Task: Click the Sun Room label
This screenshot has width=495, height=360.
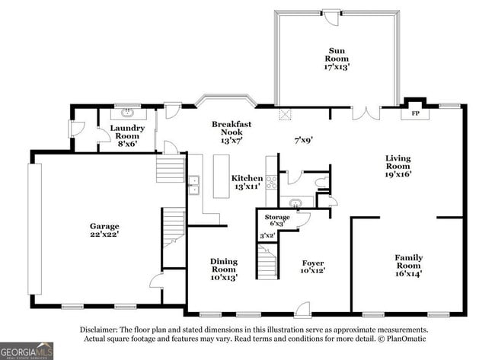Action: (x=337, y=55)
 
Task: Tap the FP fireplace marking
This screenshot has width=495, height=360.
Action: (x=416, y=113)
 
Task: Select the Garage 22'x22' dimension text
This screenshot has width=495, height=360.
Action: (x=104, y=234)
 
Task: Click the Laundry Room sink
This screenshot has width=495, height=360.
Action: (x=128, y=113)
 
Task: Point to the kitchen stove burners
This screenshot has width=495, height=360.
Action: (x=272, y=182)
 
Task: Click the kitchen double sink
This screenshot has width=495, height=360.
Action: (x=194, y=185)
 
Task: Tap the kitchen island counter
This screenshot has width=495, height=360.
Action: (x=222, y=176)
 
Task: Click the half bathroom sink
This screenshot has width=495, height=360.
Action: (x=295, y=202)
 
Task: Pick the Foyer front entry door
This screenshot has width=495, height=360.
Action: (x=303, y=310)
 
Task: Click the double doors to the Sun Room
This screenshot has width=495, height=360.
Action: (x=366, y=113)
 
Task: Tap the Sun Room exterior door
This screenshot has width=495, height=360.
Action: (x=331, y=18)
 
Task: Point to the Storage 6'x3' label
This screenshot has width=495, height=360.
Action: (x=277, y=220)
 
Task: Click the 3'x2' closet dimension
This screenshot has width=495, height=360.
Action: (x=267, y=235)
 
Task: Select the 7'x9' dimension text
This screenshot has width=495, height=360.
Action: (x=303, y=140)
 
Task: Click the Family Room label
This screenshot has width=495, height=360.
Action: (x=409, y=262)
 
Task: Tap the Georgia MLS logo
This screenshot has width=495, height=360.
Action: (x=27, y=351)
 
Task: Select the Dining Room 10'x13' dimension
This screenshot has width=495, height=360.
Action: (x=224, y=277)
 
